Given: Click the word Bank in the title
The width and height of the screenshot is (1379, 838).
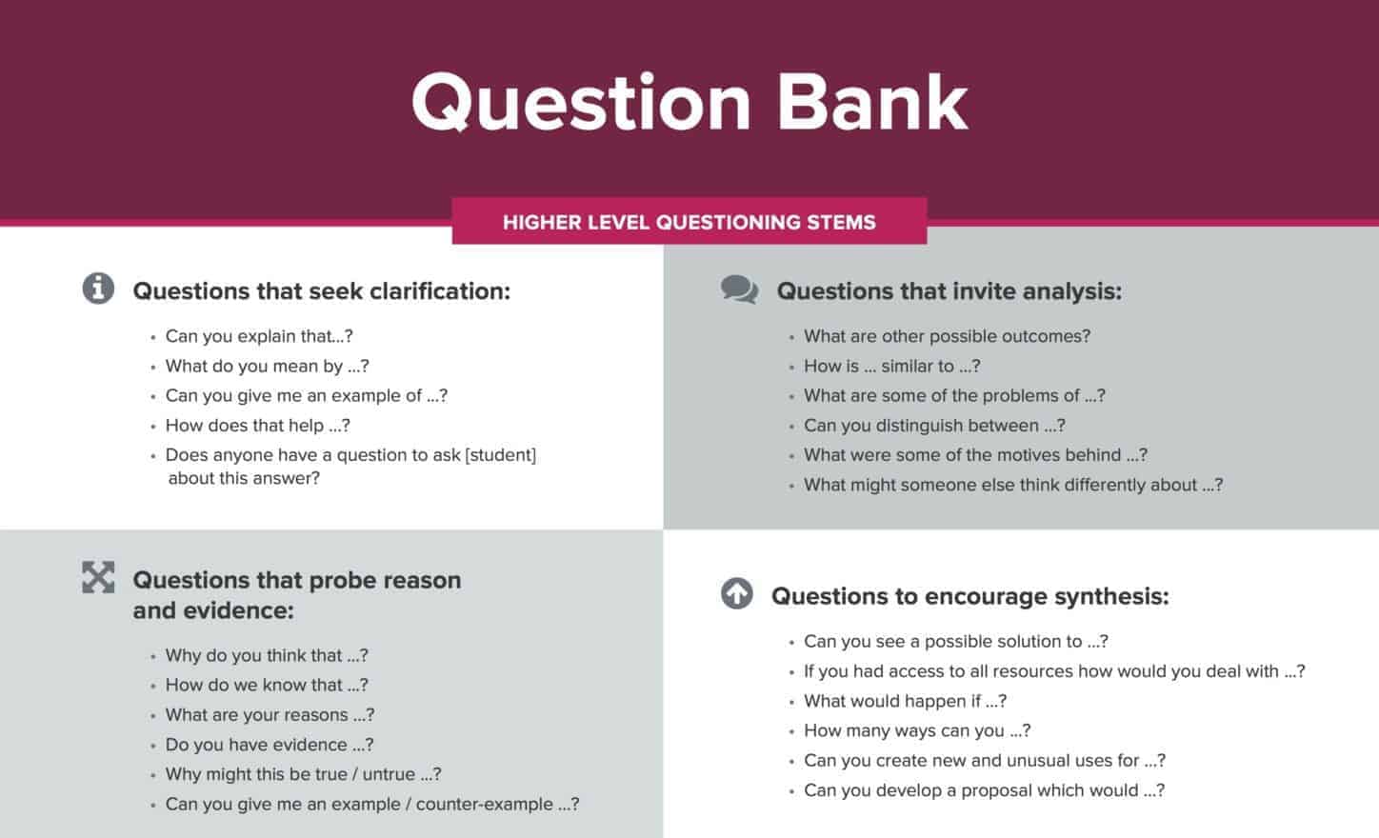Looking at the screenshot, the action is point(872,102).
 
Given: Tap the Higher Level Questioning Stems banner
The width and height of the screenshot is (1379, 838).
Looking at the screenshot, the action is point(689,222).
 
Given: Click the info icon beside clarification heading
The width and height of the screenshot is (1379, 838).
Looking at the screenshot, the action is point(98,289).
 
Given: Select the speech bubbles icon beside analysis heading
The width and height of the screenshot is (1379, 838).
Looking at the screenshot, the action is point(739,289).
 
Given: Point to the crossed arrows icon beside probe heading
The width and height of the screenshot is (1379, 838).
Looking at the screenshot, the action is point(98,577).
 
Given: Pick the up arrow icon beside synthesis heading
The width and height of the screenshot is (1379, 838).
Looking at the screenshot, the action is point(737,593).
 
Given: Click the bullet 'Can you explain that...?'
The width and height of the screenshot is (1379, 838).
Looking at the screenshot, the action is point(259,336).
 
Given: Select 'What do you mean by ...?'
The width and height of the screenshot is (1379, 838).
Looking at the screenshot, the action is point(268,366).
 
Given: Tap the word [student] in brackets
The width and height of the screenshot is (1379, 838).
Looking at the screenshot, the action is point(501,455).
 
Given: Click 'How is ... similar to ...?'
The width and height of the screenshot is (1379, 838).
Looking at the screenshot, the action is point(892,366).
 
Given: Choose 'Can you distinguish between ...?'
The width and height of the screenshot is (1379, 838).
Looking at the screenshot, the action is point(934,426).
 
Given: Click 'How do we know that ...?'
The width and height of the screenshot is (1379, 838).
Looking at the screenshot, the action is point(267,685).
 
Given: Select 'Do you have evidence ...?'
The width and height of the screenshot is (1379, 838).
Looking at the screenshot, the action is point(270,745).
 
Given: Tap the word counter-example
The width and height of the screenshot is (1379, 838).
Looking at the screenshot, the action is point(485,804).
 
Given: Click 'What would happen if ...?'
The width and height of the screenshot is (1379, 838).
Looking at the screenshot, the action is point(905,701).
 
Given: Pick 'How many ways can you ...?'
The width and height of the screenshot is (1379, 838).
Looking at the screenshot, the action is point(917,730).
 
